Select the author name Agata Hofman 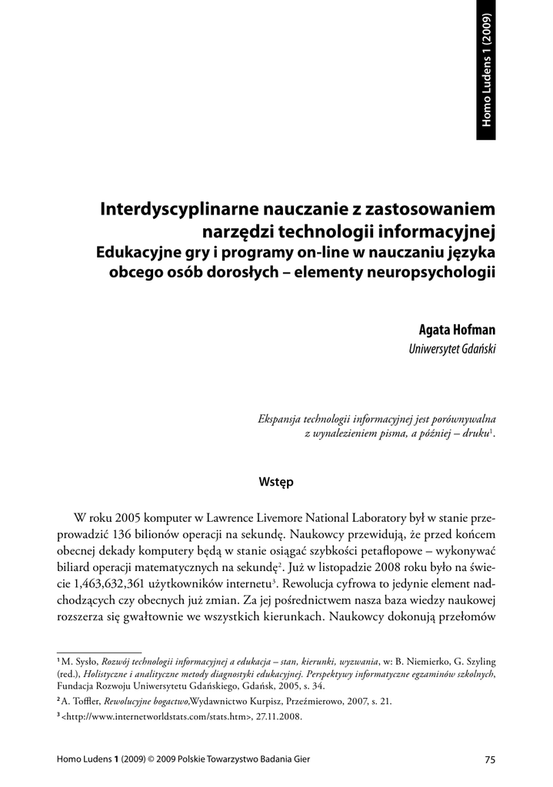pos(457,330)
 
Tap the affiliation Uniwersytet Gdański pos(452,349)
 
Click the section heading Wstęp pos(276,482)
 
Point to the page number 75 pos(489,760)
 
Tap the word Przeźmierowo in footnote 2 pos(294,701)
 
